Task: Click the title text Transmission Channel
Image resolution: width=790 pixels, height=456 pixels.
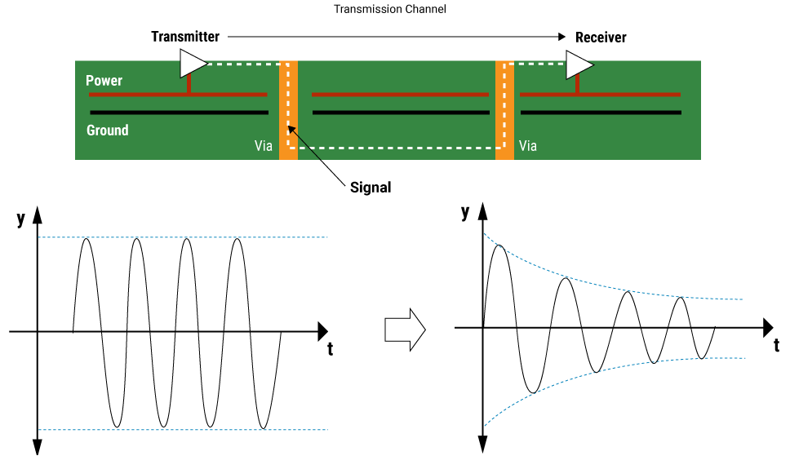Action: tap(390, 10)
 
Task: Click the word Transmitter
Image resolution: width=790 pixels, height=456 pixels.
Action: tap(185, 37)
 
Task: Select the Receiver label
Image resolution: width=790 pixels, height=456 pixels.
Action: tap(601, 38)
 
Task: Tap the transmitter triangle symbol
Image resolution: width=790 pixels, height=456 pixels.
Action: tap(192, 62)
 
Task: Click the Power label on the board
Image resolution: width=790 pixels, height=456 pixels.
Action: tap(104, 81)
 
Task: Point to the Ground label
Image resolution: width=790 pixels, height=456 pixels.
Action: tap(108, 130)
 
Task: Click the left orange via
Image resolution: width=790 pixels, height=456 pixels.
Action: tap(288, 110)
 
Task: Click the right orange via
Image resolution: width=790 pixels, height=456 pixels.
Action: tap(504, 110)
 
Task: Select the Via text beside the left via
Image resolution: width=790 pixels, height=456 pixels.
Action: tap(264, 147)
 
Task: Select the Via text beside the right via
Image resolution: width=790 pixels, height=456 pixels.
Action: tap(528, 147)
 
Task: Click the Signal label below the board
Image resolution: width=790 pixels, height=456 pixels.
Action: tap(371, 188)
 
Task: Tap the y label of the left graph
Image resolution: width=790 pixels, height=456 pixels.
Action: tap(20, 219)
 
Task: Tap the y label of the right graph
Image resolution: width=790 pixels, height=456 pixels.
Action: tap(465, 212)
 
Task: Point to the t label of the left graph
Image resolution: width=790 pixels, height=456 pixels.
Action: tap(330, 349)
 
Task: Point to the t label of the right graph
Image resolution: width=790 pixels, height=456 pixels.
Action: tap(775, 345)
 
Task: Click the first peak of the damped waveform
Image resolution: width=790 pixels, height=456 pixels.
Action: tap(499, 246)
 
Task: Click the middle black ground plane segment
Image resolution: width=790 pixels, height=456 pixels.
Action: tap(400, 113)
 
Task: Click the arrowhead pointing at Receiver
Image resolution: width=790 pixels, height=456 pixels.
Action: tap(561, 37)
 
